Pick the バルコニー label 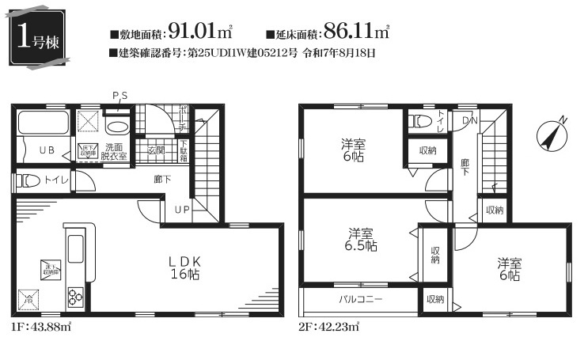[361, 300]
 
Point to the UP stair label [182, 210]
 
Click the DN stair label [469, 121]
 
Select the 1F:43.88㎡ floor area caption [41, 325]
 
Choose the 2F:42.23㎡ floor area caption [329, 325]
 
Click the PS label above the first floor [119, 96]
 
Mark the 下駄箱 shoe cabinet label [183, 150]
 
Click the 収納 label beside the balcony [435, 300]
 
